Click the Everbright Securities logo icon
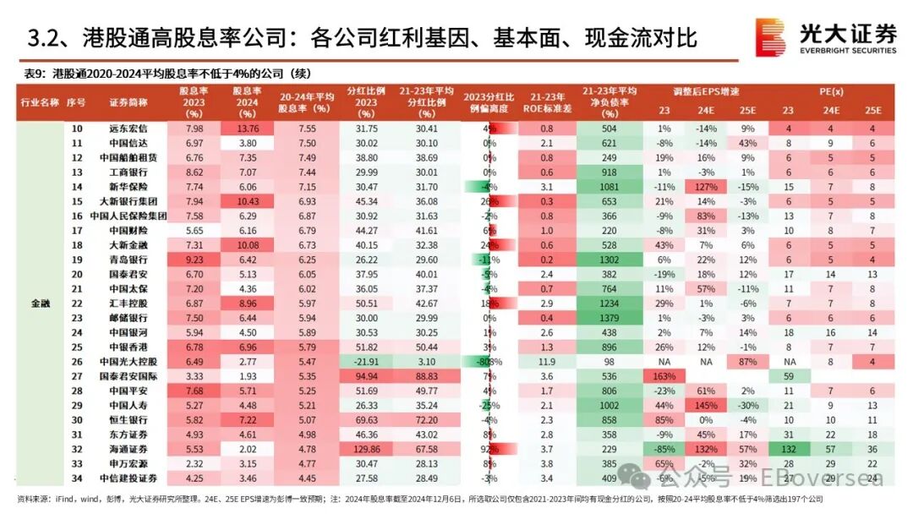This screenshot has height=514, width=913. (x=770, y=37)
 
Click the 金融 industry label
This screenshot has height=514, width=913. (x=40, y=303)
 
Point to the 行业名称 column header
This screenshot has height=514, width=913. (x=40, y=101)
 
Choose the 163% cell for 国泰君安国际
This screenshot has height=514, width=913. (x=664, y=376)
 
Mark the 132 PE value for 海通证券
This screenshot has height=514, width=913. (x=788, y=449)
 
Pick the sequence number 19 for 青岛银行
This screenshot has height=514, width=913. (x=77, y=260)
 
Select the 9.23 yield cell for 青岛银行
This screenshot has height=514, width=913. (x=195, y=260)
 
